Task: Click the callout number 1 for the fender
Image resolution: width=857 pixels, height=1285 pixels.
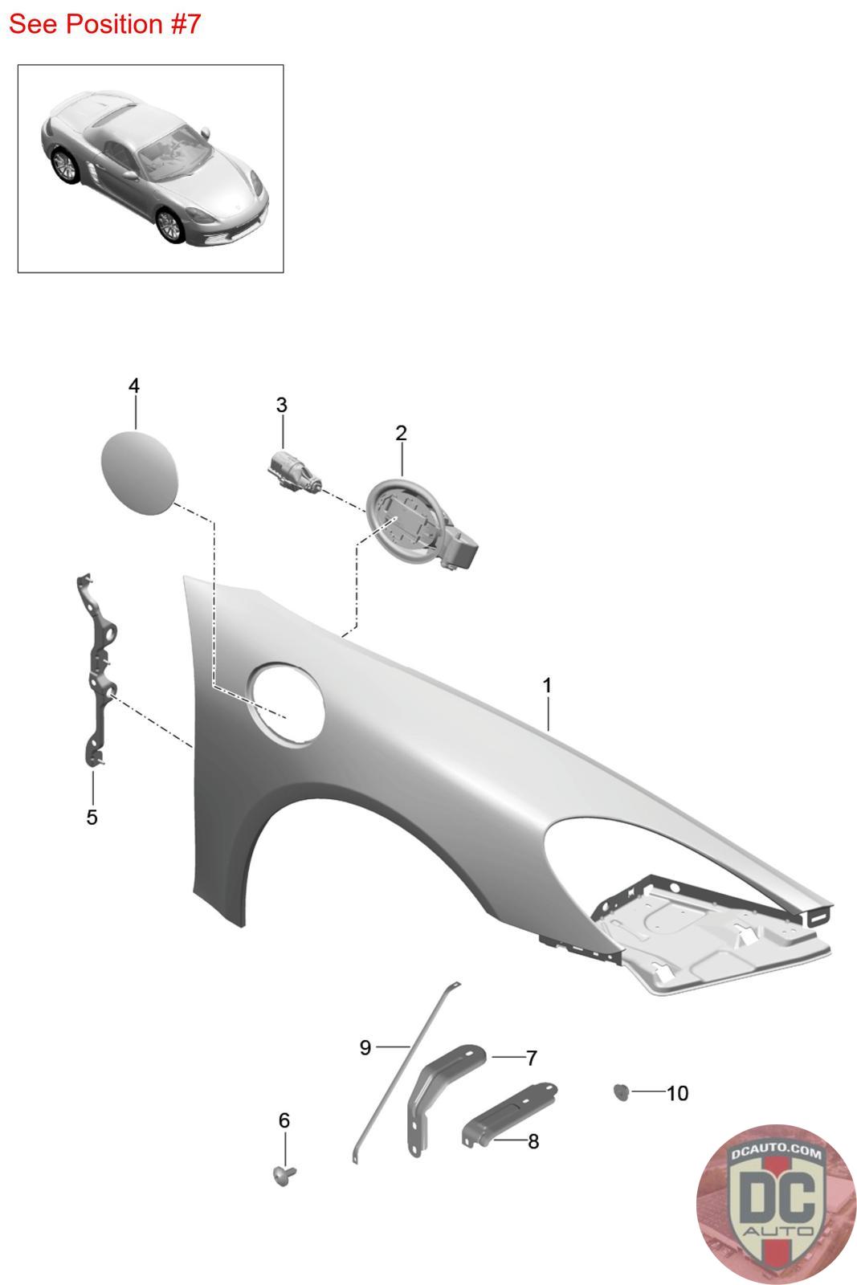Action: point(547,685)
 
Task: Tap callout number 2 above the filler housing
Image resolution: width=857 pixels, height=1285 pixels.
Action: point(401,433)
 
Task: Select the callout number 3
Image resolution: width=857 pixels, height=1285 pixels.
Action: point(281,405)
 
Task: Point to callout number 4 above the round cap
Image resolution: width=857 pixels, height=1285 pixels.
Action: point(134,385)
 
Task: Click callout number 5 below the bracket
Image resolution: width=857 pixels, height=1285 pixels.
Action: point(92,817)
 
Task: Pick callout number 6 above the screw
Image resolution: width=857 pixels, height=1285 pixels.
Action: point(284,1120)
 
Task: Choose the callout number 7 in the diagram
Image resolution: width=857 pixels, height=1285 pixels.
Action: point(531,1058)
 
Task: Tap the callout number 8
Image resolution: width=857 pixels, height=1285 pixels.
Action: point(533,1140)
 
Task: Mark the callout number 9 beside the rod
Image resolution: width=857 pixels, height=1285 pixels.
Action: point(365,1047)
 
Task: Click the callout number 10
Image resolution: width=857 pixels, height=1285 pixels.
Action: point(677,1093)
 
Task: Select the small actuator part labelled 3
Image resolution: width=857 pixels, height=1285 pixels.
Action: point(293,471)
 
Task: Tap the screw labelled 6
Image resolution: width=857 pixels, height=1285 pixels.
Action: point(283,1176)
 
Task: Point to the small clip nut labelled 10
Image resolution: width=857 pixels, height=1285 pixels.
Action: point(621,1091)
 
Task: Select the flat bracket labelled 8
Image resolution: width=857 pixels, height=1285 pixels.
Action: point(508,1113)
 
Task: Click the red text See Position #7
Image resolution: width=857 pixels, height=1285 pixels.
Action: point(104,24)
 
